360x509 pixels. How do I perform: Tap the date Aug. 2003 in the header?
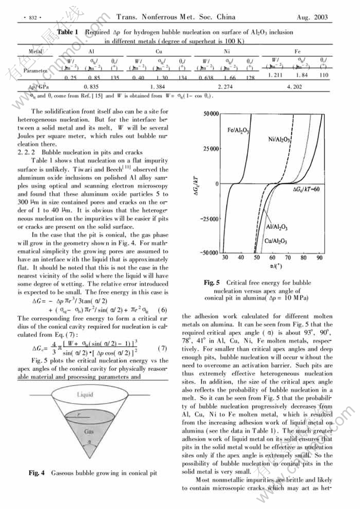click(x=312, y=17)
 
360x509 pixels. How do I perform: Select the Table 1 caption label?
click(x=67, y=32)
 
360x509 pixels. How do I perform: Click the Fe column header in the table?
click(x=297, y=52)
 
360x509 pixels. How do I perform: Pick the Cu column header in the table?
click(x=159, y=52)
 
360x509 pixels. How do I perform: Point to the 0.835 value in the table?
click(x=92, y=86)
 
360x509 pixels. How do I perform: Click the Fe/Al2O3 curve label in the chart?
click(x=238, y=130)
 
